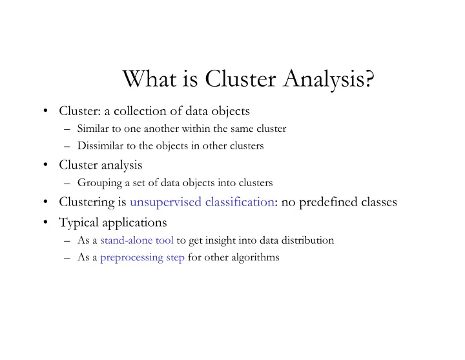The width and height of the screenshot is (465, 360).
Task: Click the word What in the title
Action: (149, 78)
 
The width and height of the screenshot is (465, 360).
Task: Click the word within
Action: (196, 129)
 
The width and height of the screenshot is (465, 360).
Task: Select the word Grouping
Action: (99, 183)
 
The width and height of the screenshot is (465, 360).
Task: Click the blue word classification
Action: (240, 202)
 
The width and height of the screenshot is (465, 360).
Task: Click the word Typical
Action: (79, 223)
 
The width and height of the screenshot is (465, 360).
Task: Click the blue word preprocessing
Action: (132, 258)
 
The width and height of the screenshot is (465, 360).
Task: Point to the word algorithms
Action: (255, 258)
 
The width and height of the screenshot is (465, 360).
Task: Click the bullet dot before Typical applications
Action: (45, 222)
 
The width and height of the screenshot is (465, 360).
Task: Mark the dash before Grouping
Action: (67, 183)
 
